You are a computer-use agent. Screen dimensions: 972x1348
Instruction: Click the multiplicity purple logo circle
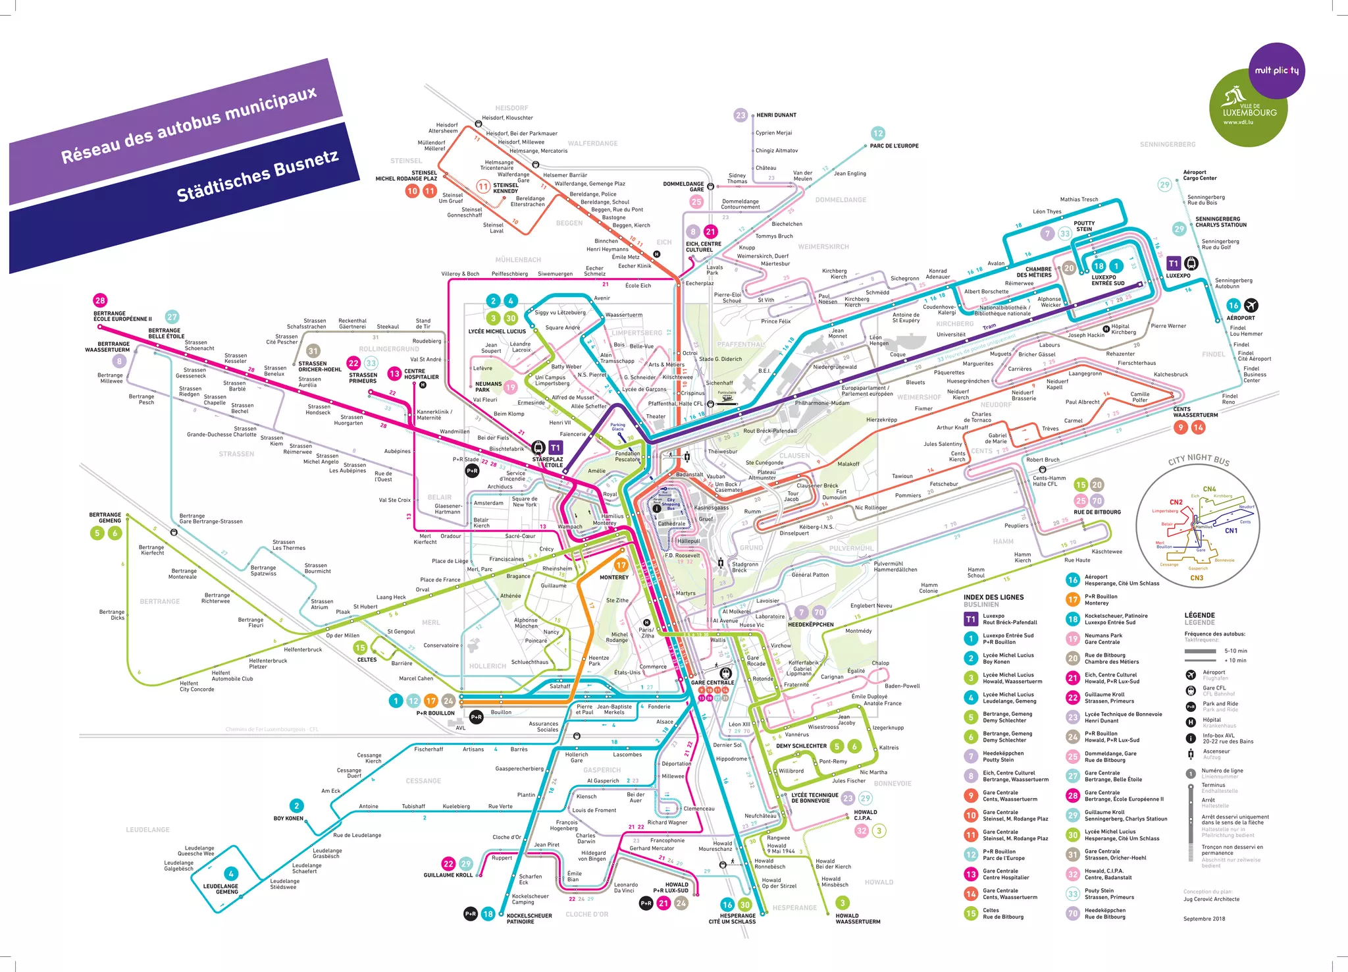point(1276,70)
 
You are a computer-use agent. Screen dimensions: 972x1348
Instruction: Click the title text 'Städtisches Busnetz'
point(257,175)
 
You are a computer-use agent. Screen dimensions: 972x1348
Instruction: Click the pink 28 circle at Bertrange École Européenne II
point(100,300)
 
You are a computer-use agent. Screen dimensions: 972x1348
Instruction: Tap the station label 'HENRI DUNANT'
point(776,115)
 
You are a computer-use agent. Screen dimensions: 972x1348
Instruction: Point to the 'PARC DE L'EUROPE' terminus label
point(894,146)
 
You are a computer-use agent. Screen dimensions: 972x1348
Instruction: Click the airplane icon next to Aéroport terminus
point(1251,305)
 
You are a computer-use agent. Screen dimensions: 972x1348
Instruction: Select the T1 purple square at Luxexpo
point(1174,263)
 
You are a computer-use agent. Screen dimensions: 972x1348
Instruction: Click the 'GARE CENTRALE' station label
point(712,682)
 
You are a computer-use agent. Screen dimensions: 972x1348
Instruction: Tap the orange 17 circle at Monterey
point(621,565)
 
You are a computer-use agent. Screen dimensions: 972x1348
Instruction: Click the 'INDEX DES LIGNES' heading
point(993,597)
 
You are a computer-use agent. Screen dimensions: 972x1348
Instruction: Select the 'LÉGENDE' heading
point(1199,615)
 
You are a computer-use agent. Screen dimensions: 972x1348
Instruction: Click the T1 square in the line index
point(970,619)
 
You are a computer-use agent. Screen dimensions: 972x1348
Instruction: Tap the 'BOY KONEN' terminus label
point(288,819)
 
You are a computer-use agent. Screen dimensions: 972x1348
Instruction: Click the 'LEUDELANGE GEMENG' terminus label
point(220,889)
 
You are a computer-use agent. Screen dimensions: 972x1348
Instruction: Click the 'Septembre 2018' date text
point(1204,919)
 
